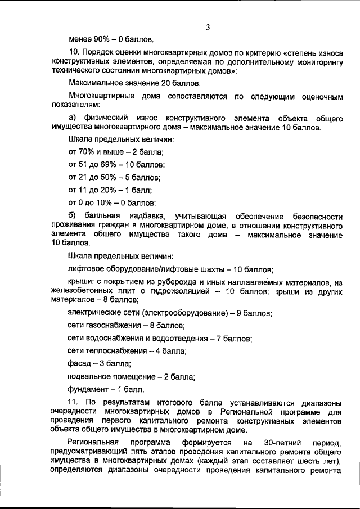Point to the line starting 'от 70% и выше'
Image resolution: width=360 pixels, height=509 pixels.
(115, 152)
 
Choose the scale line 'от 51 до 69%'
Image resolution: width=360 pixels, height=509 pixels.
(116, 165)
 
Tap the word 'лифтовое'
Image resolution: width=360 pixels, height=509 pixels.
(85, 269)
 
